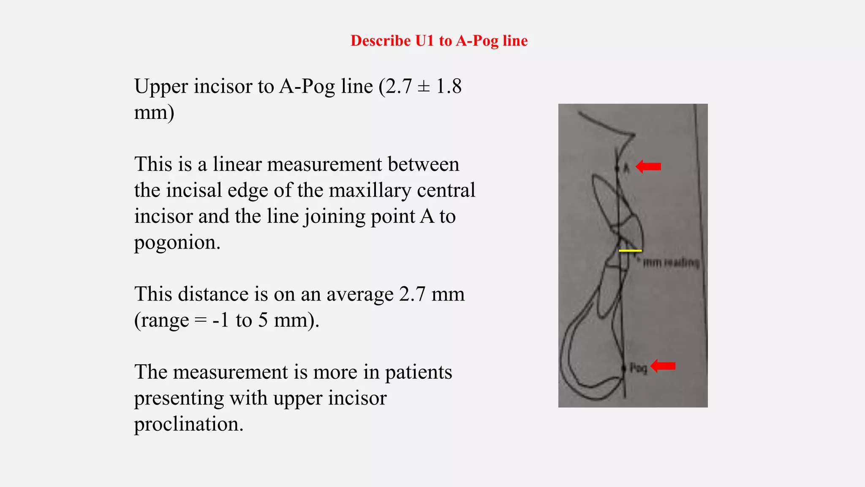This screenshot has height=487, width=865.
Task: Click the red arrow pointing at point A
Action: click(x=648, y=167)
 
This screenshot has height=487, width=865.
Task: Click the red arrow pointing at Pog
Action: click(x=663, y=366)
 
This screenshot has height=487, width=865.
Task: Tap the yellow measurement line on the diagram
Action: click(x=630, y=251)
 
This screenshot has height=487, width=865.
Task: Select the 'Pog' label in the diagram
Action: click(x=638, y=368)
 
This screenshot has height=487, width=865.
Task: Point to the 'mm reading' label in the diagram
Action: click(x=671, y=263)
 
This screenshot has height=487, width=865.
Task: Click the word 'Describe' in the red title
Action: click(x=381, y=41)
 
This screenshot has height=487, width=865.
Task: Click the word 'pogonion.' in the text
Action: click(x=177, y=242)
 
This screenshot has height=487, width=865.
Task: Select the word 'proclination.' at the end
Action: click(x=189, y=424)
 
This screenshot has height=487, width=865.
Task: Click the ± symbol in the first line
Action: click(x=424, y=86)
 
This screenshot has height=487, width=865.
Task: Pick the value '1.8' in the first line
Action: click(x=449, y=86)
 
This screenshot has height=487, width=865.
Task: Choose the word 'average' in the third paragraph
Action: click(x=360, y=294)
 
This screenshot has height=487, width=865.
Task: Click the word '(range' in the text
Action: click(x=161, y=320)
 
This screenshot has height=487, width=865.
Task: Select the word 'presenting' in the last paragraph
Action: click(x=179, y=398)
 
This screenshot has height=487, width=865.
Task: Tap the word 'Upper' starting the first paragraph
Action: click(x=161, y=86)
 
